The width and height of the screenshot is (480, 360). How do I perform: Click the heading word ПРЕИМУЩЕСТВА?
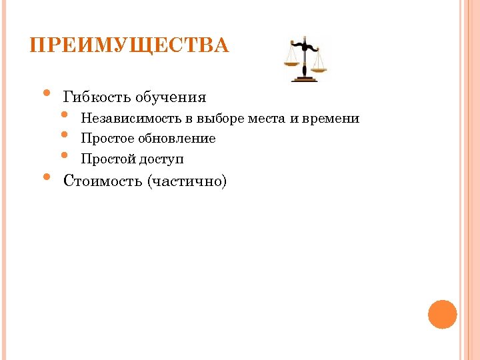(129, 46)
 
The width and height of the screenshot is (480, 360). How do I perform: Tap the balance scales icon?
(306, 59)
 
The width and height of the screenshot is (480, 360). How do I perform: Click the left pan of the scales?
(291, 64)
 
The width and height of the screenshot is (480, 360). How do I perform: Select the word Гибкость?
(97, 97)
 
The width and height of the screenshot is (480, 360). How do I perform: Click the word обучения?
(171, 98)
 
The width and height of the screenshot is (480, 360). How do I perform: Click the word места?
(267, 119)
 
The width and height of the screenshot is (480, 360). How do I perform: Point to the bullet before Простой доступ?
(65, 155)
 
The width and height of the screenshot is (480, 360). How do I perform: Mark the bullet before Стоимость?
(46, 177)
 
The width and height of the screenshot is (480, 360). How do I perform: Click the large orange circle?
(442, 314)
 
